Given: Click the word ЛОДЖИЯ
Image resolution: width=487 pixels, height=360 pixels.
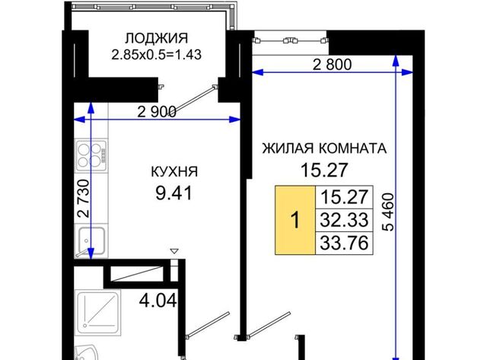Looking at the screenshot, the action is tap(157, 39).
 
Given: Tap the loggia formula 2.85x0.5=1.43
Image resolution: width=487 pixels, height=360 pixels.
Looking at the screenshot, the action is tap(157, 55).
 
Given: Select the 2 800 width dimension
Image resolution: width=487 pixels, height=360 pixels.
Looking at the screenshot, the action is tap(332, 65).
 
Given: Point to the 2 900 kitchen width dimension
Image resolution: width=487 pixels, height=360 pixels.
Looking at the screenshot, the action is tap(157, 112).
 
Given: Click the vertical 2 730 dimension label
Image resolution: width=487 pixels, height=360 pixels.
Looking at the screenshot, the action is tap(84, 199).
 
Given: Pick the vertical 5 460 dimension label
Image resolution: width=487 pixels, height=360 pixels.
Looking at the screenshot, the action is tap(388, 212).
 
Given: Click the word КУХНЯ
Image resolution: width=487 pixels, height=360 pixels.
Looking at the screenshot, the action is tap(174, 171).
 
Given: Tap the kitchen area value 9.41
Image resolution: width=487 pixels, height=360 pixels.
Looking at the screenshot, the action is tap(174, 193).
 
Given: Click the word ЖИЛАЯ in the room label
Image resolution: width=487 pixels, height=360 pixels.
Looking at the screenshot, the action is tap(288, 148).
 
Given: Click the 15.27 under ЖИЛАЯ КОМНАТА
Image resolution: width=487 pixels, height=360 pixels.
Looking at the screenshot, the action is tap(324, 170).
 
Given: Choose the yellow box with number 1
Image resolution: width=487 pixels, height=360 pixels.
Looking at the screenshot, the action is tap(295, 220).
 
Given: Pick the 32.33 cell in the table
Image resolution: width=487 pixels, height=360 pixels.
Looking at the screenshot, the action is tap(344, 220).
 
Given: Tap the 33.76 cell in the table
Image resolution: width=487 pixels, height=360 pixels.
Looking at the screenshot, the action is tap(344, 243).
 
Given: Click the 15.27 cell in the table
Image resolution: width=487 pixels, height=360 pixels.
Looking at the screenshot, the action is tap(344, 197).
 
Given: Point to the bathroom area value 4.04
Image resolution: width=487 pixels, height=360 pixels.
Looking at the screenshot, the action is tap(158, 301).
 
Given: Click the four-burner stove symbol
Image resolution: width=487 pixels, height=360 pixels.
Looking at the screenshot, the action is tap(91, 155).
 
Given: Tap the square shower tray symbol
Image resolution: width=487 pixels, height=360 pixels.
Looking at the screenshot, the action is tap(98, 313).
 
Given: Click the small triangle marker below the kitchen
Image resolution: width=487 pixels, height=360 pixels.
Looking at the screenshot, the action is tap(174, 251).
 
